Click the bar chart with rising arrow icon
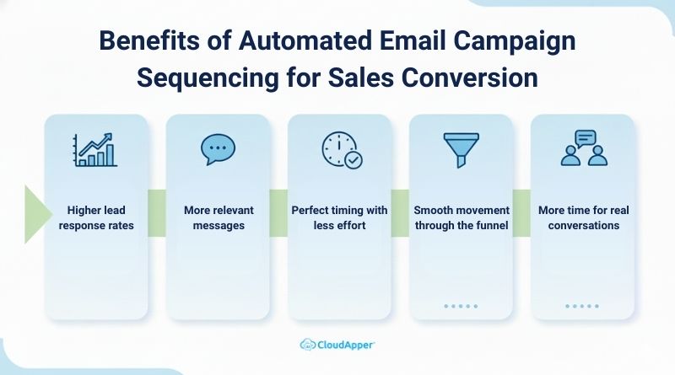pyautogui.click(x=96, y=149)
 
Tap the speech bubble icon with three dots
pyautogui.click(x=218, y=149)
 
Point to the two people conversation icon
pyautogui.click(x=583, y=148)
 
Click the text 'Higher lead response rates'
pyautogui.click(x=96, y=217)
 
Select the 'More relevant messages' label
pyautogui.click(x=219, y=217)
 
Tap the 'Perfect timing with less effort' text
pyautogui.click(x=339, y=217)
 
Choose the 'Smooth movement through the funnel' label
pyautogui.click(x=461, y=217)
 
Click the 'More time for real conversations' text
pyautogui.click(x=582, y=217)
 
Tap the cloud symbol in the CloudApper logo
pyautogui.click(x=309, y=344)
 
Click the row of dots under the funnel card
pyautogui.click(x=461, y=307)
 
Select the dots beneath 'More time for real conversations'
pyautogui.click(x=582, y=307)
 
